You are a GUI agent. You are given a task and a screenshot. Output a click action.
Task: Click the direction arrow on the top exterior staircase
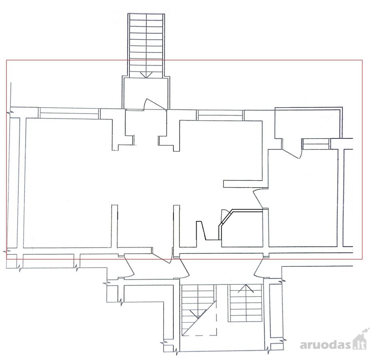tap(146, 75)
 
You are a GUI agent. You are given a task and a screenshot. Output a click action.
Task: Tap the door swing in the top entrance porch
tap(154, 104)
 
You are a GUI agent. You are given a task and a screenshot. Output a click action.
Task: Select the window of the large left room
tap(69, 113)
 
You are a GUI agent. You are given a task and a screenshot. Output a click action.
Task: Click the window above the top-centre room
tap(220, 115)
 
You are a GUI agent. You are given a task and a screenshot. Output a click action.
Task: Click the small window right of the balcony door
tap(316, 144)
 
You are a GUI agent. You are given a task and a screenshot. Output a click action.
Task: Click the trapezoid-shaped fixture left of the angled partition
tap(201, 230)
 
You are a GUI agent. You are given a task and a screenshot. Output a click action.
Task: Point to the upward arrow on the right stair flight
tap(246, 288)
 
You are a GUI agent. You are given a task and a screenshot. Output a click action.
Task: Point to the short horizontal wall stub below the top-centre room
tap(243, 184)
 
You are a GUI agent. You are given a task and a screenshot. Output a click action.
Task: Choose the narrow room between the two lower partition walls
tap(145, 226)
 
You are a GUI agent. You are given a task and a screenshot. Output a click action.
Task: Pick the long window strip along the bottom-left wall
tap(48, 261)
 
